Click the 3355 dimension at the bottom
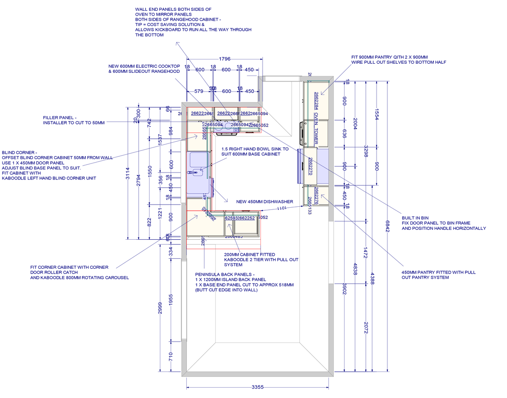tap(257, 387)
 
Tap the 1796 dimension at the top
tap(224, 59)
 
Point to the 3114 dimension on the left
tap(128, 172)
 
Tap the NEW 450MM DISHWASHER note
tap(264, 202)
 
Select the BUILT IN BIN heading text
tap(415, 218)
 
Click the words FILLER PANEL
tap(59, 118)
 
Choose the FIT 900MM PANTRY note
tap(390, 57)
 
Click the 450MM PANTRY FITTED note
tap(439, 272)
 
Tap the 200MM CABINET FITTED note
tap(249, 254)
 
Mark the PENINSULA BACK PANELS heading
tap(225, 274)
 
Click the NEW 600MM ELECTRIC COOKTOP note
tap(143, 66)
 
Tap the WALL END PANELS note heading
tap(173, 9)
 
